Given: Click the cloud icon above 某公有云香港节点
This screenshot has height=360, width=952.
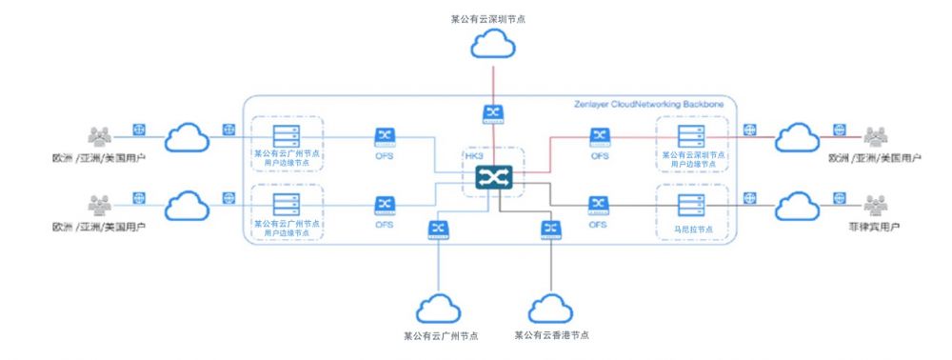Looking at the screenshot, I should pyautogui.click(x=549, y=306).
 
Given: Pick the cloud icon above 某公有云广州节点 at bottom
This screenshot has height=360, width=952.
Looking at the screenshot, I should pyautogui.click(x=439, y=306).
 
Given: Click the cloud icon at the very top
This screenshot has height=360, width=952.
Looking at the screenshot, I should pyautogui.click(x=493, y=43).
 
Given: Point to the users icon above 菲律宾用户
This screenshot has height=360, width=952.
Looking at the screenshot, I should pyautogui.click(x=875, y=205).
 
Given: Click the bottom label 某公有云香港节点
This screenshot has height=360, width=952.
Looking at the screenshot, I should pyautogui.click(x=550, y=335).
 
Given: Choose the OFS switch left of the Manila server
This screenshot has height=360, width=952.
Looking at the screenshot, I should pyautogui.click(x=599, y=204).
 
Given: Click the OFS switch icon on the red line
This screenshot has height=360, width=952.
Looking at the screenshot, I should pyautogui.click(x=599, y=136).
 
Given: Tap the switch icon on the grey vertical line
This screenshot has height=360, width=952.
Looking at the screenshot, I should pyautogui.click(x=549, y=229).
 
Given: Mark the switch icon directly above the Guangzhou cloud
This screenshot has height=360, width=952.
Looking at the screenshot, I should pyautogui.click(x=439, y=229).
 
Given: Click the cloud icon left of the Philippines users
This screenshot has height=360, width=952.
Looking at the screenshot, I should pyautogui.click(x=798, y=205).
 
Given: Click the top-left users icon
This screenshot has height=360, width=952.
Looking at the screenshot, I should pyautogui.click(x=100, y=135).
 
